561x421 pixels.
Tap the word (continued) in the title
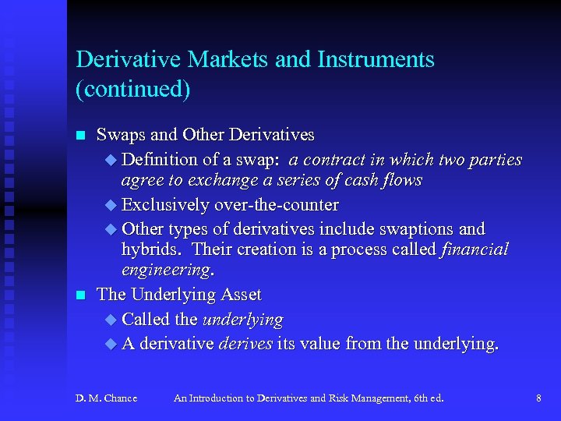[x=132, y=90]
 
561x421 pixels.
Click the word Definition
[x=160, y=160]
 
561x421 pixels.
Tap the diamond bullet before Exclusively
[x=110, y=206]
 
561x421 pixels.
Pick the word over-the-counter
[x=276, y=206]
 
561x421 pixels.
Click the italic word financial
[x=475, y=250]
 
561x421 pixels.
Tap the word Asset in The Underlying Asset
[x=240, y=295]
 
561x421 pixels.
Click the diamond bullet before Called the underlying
[x=110, y=320]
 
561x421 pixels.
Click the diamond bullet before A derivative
[x=110, y=343]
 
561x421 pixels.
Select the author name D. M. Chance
[x=106, y=398]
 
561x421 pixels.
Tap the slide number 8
[x=538, y=398]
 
